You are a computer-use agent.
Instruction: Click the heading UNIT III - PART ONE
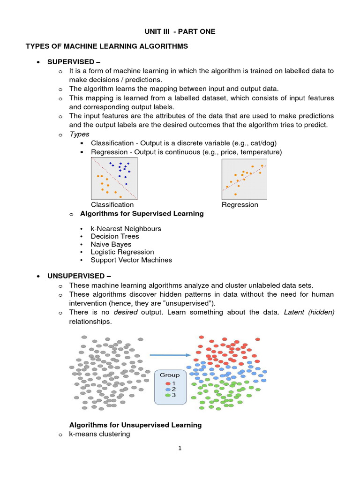point(180,31)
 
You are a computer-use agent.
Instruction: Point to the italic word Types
point(79,134)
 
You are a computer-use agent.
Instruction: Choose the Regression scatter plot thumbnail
point(244,179)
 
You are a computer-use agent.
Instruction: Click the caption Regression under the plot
point(240,205)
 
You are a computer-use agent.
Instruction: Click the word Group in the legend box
point(170,375)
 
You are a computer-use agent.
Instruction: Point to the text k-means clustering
point(99,434)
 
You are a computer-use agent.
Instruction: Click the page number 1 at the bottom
point(180,449)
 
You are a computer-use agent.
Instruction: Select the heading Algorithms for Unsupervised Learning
point(135,425)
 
